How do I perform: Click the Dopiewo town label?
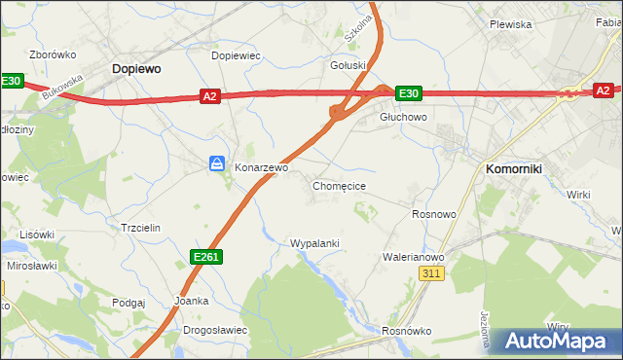(136, 69)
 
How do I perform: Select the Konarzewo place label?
(262, 168)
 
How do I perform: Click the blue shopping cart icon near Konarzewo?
(218, 164)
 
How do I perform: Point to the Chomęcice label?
(339, 185)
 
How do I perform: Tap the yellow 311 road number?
(433, 274)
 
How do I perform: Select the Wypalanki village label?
(314, 243)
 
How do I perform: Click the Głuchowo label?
(403, 117)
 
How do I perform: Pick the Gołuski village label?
(348, 66)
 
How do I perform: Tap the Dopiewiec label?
(237, 56)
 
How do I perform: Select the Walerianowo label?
(414, 258)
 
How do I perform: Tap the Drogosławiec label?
(215, 330)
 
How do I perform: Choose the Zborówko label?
(54, 54)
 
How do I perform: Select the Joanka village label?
(191, 301)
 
